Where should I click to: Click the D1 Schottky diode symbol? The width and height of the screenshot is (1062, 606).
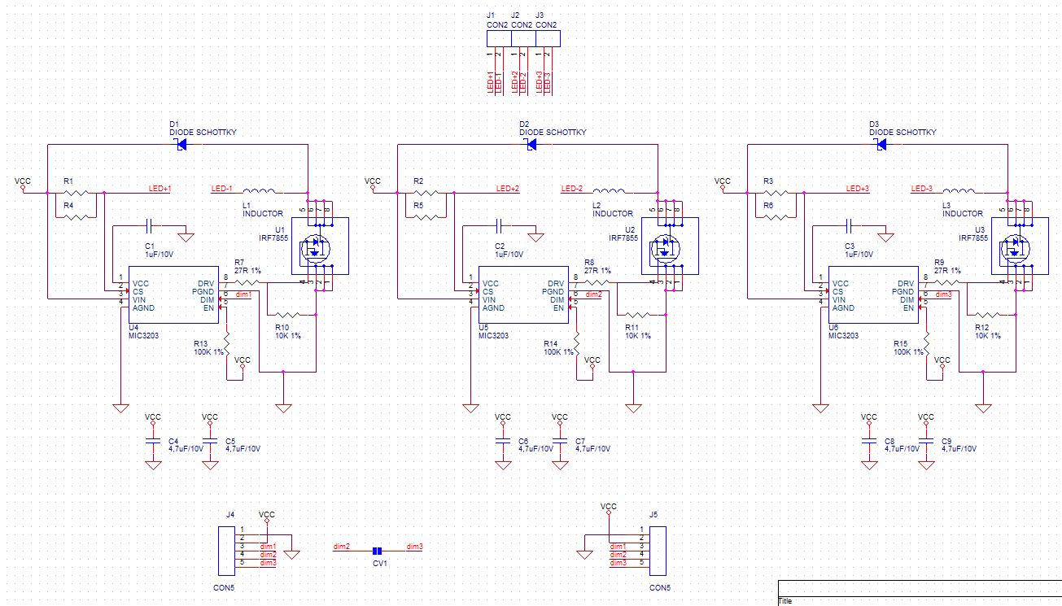click(x=181, y=145)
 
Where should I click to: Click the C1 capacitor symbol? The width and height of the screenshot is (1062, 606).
click(x=150, y=225)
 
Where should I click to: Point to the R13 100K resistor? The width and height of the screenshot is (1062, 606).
click(x=227, y=343)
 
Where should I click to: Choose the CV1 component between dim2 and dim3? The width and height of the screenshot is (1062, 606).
click(x=377, y=551)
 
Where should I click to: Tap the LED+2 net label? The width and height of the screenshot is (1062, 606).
click(x=508, y=189)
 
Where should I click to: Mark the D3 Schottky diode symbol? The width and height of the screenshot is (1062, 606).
click(x=881, y=145)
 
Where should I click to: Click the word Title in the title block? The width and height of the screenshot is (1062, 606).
click(x=785, y=601)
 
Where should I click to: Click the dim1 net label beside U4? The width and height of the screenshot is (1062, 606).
click(x=243, y=294)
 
